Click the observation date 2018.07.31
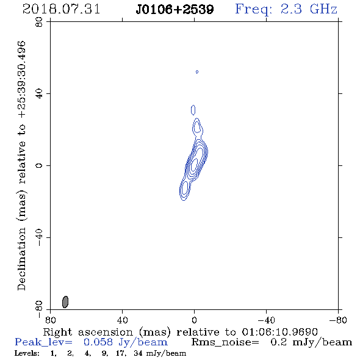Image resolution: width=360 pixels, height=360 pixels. pyautogui.click(x=61, y=9)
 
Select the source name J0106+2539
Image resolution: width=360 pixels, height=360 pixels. pyautogui.click(x=175, y=9)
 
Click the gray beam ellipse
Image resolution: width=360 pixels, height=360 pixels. pyautogui.click(x=65, y=301)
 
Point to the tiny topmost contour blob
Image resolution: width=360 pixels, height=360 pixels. pyautogui.click(x=197, y=72)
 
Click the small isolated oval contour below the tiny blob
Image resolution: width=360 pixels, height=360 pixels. pyautogui.click(x=193, y=110)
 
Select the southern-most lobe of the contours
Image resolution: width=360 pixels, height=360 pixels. pyautogui.click(x=184, y=190)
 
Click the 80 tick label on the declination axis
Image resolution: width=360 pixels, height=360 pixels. pyautogui.click(x=40, y=22)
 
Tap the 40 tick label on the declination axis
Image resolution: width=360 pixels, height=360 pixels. pyautogui.click(x=40, y=94)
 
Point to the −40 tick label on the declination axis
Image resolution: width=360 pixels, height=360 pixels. pyautogui.click(x=40, y=237)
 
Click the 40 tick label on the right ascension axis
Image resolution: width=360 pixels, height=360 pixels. pyautogui.click(x=122, y=320)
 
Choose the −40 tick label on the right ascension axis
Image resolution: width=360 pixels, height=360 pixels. pyautogui.click(x=266, y=320)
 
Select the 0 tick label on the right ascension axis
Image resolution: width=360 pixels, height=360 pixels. pyautogui.click(x=194, y=320)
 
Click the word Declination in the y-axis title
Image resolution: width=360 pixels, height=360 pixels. pyautogui.click(x=21, y=259)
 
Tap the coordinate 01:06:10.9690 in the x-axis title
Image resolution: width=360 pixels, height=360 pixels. pyautogui.click(x=279, y=332)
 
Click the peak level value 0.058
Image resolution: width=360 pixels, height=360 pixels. pyautogui.click(x=98, y=342)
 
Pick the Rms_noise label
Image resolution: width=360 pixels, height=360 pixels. pyautogui.click(x=225, y=342)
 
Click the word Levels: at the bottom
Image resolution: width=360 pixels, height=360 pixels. pyautogui.click(x=27, y=353)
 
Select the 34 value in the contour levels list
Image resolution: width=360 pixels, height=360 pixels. pyautogui.click(x=138, y=353)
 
